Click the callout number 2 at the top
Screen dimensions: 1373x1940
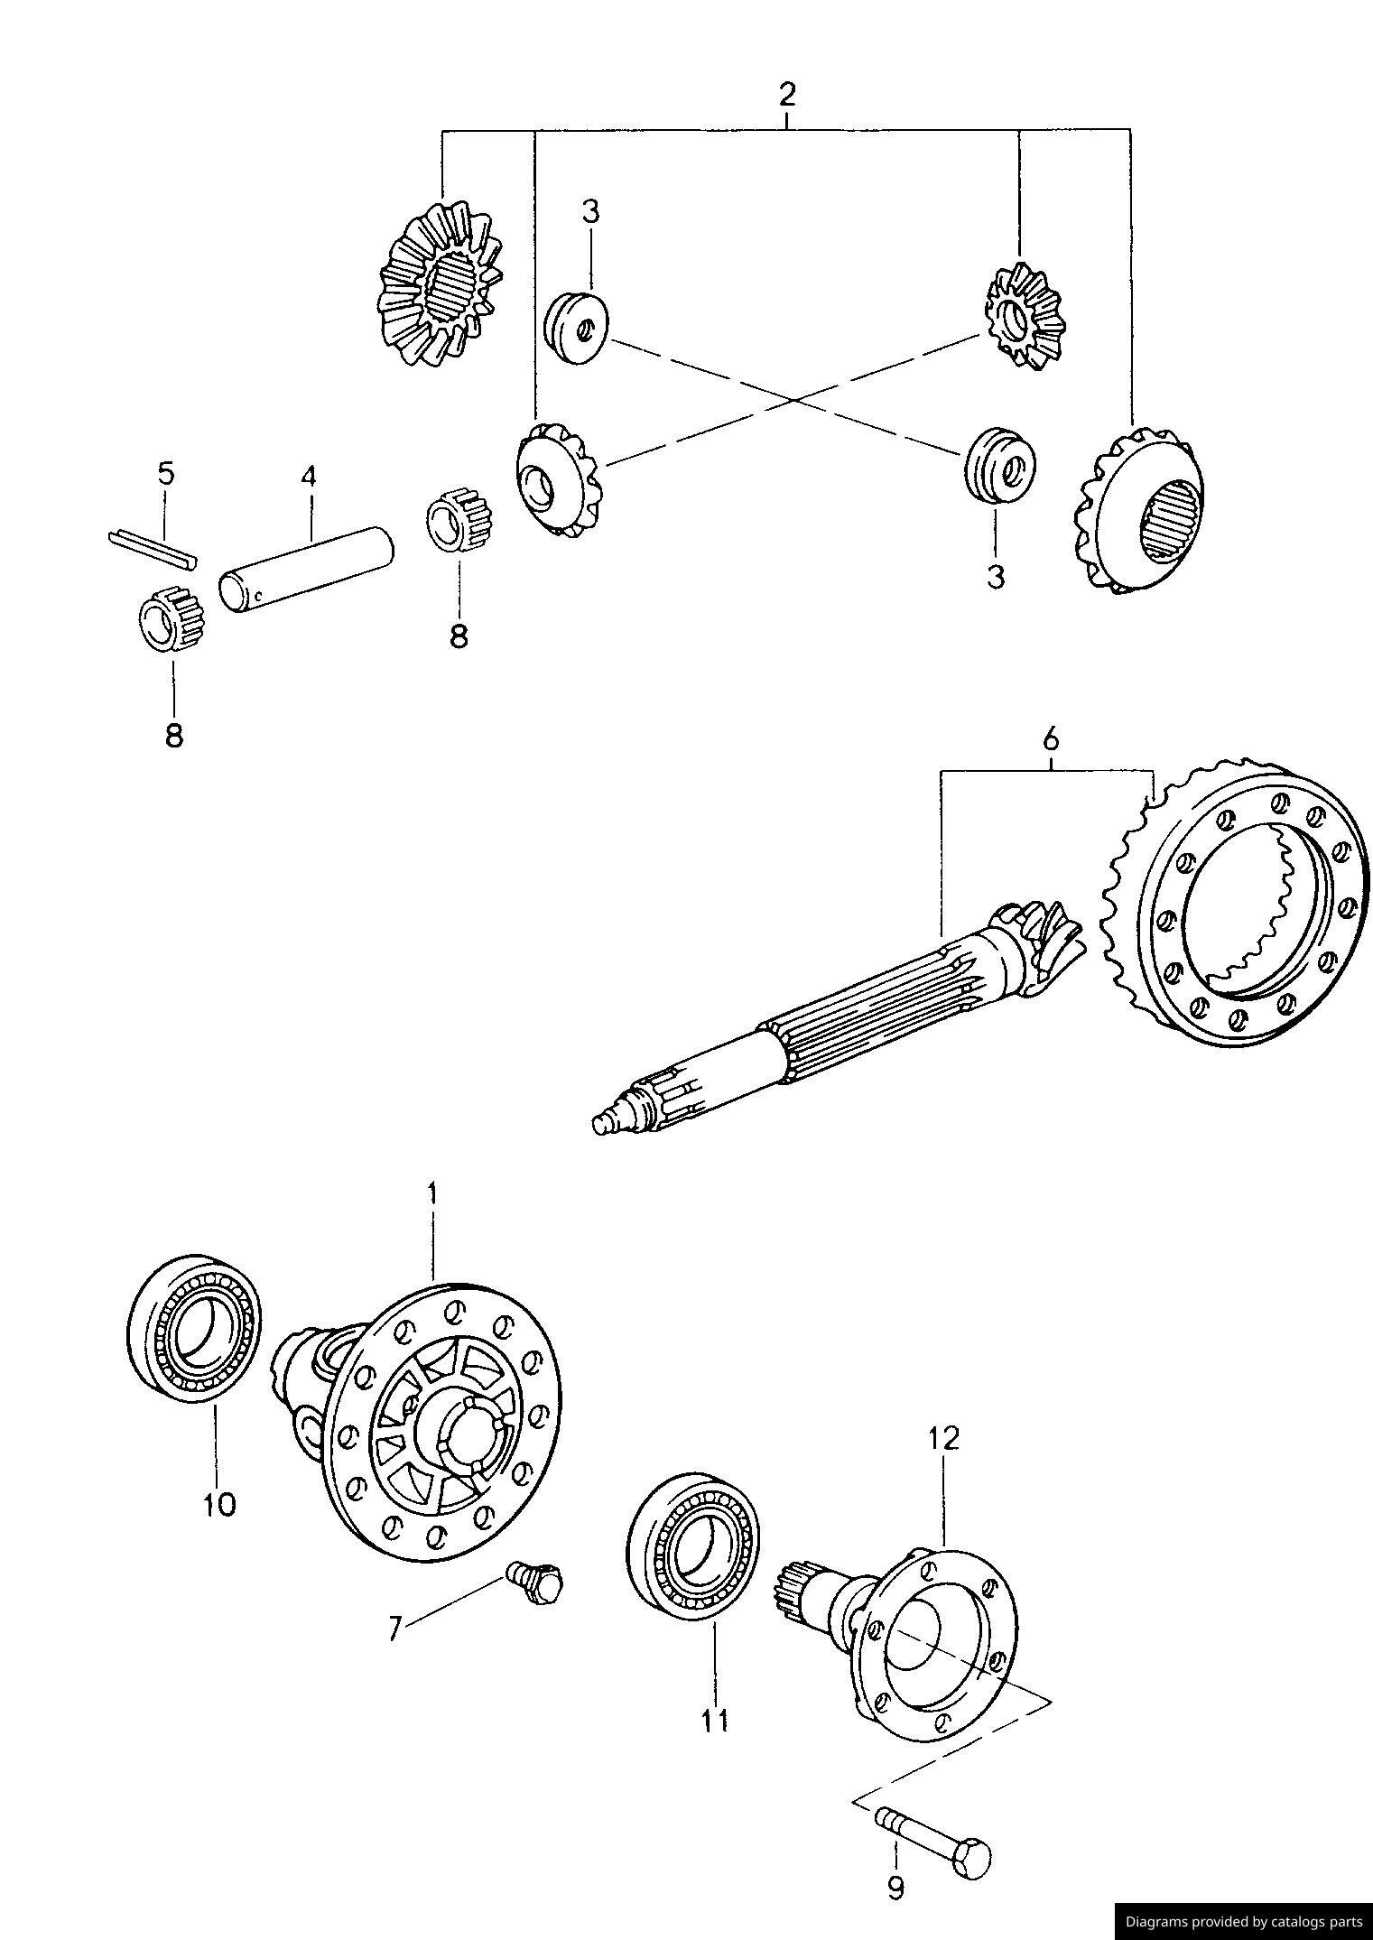[x=787, y=94]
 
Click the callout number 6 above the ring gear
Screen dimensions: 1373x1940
[x=1050, y=739]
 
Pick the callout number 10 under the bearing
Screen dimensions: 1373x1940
[x=219, y=1503]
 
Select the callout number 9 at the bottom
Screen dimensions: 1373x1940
[x=895, y=1888]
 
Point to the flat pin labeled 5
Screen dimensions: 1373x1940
[x=151, y=550]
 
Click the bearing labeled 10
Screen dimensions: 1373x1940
[x=193, y=1327]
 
